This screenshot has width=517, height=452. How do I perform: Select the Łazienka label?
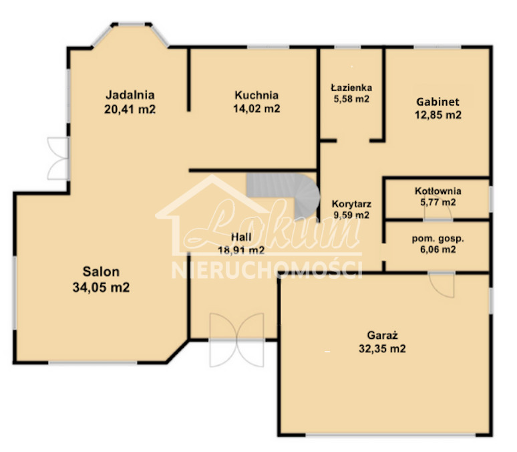tap(352, 87)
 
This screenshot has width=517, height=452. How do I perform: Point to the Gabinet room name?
tap(438, 102)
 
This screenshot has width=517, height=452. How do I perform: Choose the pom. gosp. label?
tap(438, 238)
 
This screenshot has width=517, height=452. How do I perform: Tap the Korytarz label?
tap(351, 204)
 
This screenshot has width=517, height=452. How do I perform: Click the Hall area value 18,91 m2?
tap(241, 251)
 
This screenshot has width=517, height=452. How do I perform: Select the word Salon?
tap(101, 271)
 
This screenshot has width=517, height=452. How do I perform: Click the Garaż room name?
tap(381, 335)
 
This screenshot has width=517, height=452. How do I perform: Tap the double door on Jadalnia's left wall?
tap(58, 158)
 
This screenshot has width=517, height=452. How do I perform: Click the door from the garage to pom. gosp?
tap(442, 284)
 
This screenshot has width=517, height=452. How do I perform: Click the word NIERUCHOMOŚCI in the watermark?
tap(267, 269)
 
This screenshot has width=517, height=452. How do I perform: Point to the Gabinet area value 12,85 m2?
tap(438, 115)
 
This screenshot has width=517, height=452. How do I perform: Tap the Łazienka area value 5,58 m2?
tap(352, 99)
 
